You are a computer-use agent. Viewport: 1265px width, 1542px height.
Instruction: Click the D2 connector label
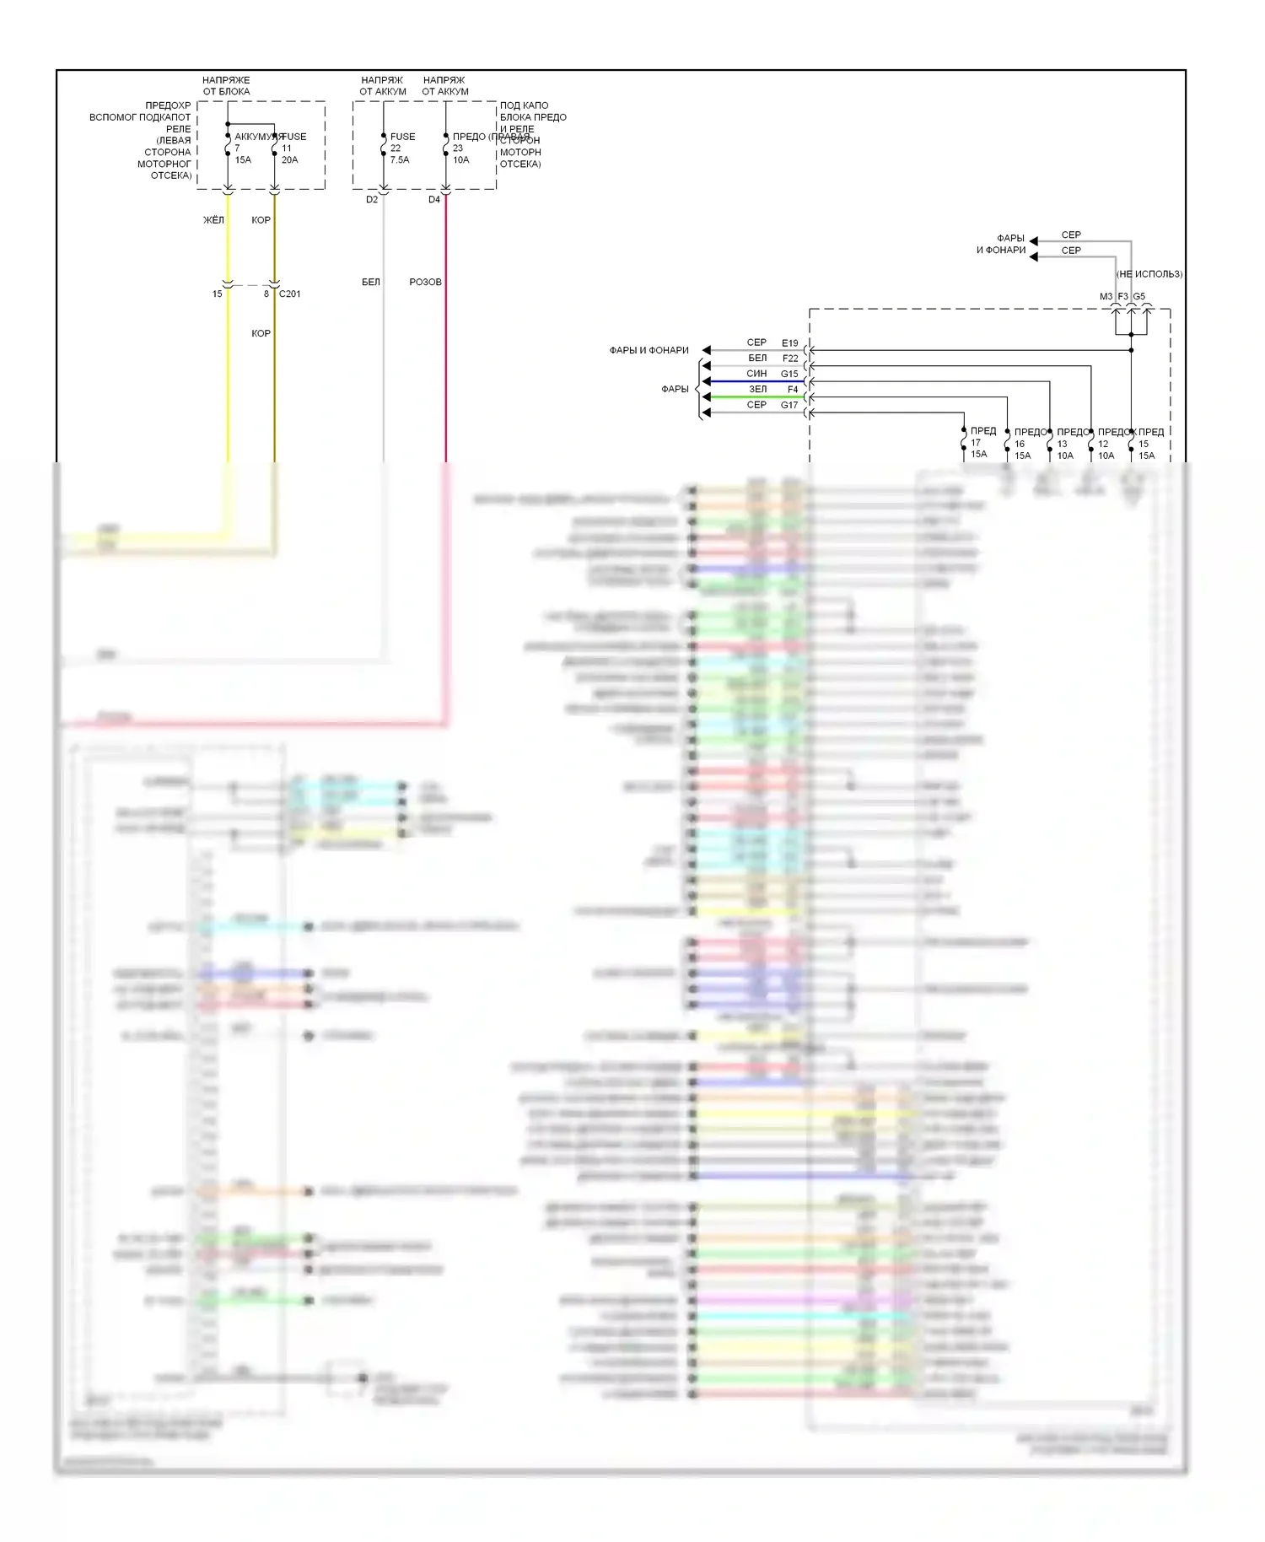[372, 200]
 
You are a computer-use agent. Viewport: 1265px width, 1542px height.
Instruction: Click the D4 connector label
[434, 200]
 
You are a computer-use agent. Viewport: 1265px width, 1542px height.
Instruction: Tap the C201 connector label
[289, 294]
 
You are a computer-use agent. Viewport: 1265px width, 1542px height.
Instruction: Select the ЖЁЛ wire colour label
[213, 220]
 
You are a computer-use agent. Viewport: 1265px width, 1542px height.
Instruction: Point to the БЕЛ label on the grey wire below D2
[371, 282]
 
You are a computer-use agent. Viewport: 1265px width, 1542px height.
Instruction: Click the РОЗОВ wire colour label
[425, 282]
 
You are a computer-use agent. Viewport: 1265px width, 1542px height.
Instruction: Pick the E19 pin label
[789, 343]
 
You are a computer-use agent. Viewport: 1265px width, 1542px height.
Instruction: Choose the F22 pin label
[790, 359]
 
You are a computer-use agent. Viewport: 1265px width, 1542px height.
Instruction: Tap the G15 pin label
[789, 374]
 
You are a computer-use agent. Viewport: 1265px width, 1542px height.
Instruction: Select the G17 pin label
[789, 405]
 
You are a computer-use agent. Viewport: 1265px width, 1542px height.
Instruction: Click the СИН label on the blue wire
[756, 374]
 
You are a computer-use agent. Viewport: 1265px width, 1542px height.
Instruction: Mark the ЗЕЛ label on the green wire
[758, 390]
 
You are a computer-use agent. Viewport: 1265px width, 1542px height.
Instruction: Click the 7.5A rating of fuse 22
[400, 160]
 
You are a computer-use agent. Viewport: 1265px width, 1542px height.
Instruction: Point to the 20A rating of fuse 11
[289, 160]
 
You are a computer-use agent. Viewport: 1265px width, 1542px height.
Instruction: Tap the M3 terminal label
[1106, 297]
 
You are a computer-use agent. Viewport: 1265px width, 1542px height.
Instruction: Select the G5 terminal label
[1139, 297]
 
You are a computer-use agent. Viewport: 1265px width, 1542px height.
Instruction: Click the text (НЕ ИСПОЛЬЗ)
[1149, 274]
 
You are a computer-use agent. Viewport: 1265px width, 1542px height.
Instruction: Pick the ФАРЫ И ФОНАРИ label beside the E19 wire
[649, 350]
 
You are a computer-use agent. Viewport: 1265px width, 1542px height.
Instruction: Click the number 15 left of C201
[218, 294]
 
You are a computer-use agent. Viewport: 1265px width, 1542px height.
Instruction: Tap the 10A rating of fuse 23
[461, 160]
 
